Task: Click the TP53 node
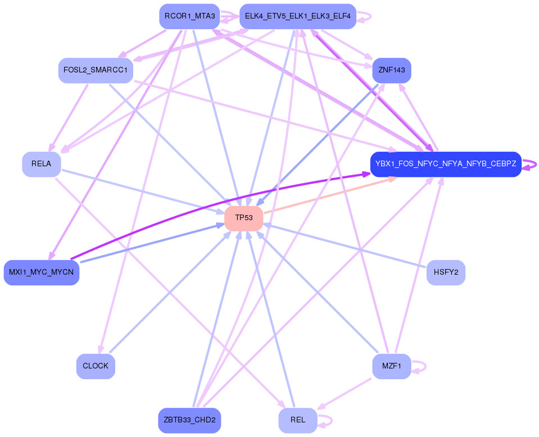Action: pos(244,218)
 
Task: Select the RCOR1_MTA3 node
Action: pos(189,16)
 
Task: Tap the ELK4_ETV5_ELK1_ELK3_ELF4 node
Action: pos(297,16)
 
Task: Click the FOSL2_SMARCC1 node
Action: pos(96,70)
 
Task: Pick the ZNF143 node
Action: pos(391,70)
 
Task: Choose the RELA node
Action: pos(41,164)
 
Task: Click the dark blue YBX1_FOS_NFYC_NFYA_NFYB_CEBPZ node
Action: pos(445,164)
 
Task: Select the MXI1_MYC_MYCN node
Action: pos(41,272)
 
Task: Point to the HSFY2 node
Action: pos(446,272)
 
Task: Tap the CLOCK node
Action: pos(96,366)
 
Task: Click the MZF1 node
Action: pos(391,366)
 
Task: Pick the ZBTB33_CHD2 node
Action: pos(189,420)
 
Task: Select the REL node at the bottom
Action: pos(297,420)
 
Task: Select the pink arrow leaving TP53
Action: pos(326,196)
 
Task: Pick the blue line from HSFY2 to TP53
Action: pos(348,247)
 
